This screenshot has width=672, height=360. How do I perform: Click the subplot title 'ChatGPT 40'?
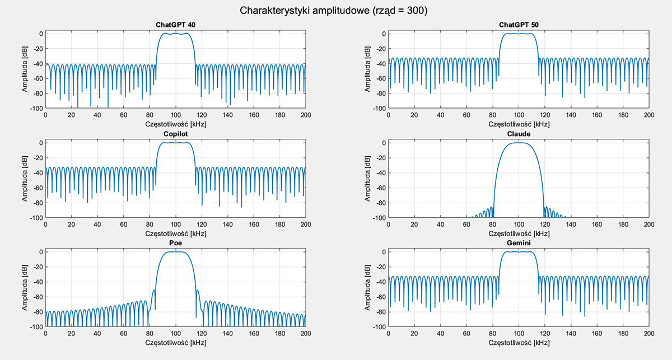pyautogui.click(x=175, y=25)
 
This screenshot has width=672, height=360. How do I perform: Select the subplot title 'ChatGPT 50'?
pyautogui.click(x=519, y=25)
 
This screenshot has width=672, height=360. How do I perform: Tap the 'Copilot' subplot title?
pyautogui.click(x=175, y=134)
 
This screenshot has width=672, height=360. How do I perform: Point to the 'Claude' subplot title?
pyautogui.click(x=519, y=134)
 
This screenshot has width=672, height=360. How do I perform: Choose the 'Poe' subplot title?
pyautogui.click(x=175, y=244)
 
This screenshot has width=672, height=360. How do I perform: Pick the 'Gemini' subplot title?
pyautogui.click(x=519, y=244)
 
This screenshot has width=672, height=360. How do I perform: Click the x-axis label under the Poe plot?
pyautogui.click(x=175, y=342)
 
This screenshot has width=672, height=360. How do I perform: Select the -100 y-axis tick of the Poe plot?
pyautogui.click(x=35, y=327)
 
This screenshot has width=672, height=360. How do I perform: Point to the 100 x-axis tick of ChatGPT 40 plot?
pyautogui.click(x=175, y=115)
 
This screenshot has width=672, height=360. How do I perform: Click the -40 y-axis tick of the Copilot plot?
pyautogui.click(x=37, y=173)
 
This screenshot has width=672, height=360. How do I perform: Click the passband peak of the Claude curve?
pyautogui.click(x=519, y=143)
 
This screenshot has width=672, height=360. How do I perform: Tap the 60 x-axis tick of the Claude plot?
pyautogui.click(x=466, y=225)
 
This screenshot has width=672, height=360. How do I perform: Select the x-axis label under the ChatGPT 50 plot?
pyautogui.click(x=519, y=124)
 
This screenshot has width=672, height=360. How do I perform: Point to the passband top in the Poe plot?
pyautogui.click(x=175, y=252)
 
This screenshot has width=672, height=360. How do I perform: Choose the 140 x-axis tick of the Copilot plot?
pyautogui.click(x=227, y=225)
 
